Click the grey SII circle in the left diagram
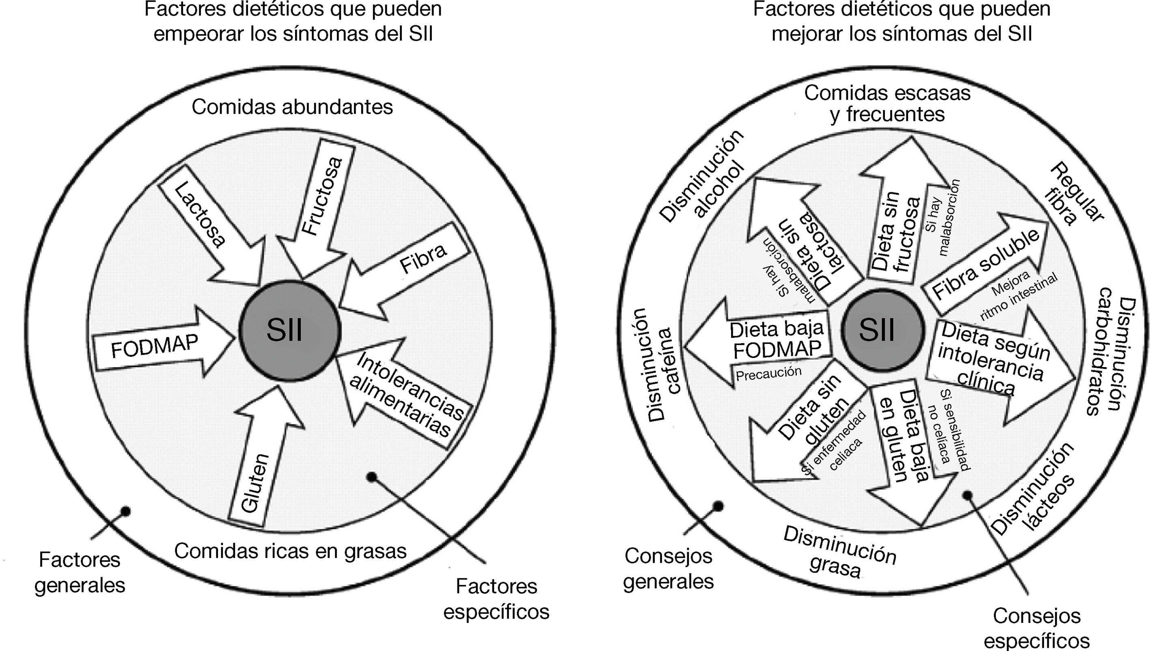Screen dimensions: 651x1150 click(289, 331)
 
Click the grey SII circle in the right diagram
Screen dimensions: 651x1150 click(882, 331)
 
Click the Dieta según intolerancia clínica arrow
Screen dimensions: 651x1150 click(998, 367)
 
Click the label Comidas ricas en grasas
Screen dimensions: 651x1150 click(290, 551)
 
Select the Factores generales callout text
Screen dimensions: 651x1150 click(80, 572)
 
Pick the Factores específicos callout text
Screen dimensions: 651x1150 click(496, 599)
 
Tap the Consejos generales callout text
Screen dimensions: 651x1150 click(668, 569)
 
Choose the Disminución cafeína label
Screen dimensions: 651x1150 click(659, 364)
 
